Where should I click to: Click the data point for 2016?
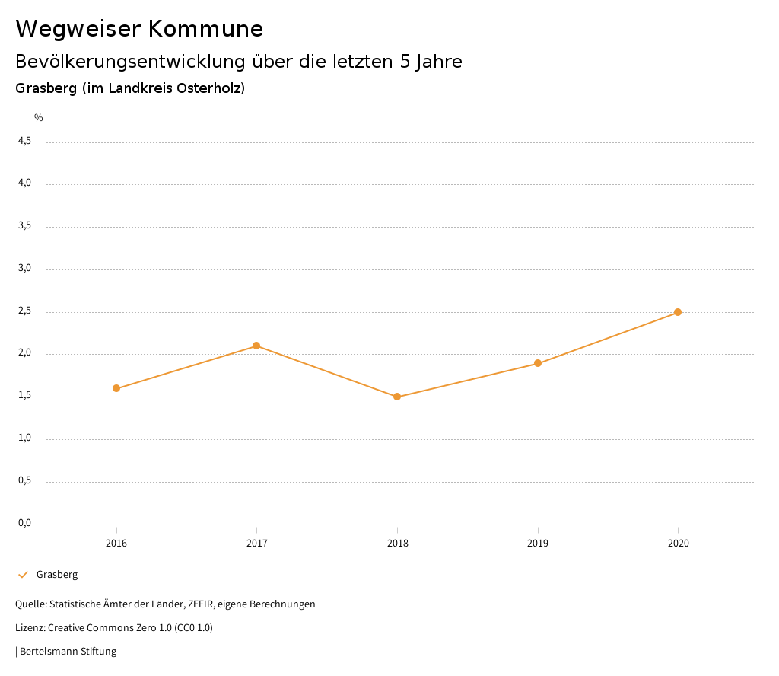[x=116, y=388]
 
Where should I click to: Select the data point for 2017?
[x=256, y=346]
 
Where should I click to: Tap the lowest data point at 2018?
[x=397, y=397]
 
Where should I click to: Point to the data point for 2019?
[x=538, y=363]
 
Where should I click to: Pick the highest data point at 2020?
[x=678, y=312]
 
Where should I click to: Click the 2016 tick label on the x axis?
[x=116, y=543]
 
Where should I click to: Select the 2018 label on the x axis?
[x=397, y=543]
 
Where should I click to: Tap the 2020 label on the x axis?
[x=678, y=543]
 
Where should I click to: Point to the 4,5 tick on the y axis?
[x=24, y=141]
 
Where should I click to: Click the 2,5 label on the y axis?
[x=24, y=311]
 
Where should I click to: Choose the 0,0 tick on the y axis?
[x=24, y=523]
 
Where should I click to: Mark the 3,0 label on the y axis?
[x=24, y=268]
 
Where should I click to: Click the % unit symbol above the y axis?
[x=39, y=118]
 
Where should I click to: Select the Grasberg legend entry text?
[x=57, y=575]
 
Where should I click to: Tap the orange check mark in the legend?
[x=23, y=575]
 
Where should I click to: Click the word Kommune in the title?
[x=205, y=29]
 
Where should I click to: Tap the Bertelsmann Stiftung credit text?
[x=68, y=652]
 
